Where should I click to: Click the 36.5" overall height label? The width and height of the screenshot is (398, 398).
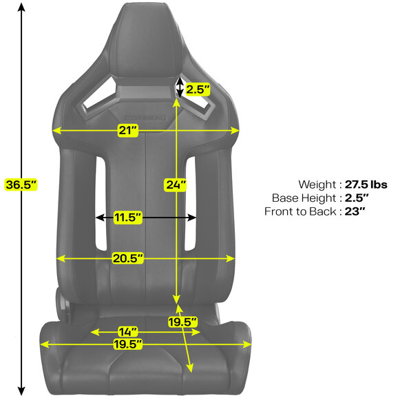click(x=21, y=185)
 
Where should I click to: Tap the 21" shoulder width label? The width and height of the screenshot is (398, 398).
click(x=128, y=130)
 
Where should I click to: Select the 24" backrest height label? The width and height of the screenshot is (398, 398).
click(x=176, y=185)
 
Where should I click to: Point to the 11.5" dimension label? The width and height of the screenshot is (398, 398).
click(x=127, y=218)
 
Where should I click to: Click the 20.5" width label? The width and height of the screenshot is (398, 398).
click(x=128, y=258)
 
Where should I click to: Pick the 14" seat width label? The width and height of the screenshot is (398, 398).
click(x=128, y=332)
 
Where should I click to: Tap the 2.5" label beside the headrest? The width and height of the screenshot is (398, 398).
click(x=198, y=90)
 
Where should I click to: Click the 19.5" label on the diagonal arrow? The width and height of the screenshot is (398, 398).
click(x=182, y=322)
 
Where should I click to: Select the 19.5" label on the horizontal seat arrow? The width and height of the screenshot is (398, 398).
click(x=127, y=344)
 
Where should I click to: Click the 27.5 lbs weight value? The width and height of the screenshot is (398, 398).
click(x=366, y=185)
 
